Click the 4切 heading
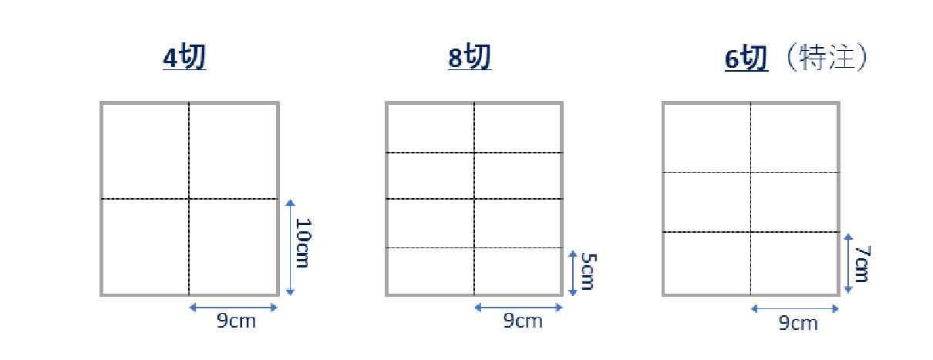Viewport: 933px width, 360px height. coord(184,59)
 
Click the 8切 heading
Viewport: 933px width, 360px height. coord(469,59)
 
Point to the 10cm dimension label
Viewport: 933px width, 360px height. coord(302,244)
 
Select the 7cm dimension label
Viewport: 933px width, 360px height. coord(861,263)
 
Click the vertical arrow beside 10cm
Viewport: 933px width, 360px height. coord(290,247)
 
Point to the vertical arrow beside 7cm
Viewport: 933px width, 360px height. coord(848,263)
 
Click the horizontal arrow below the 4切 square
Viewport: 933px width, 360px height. coord(233,308)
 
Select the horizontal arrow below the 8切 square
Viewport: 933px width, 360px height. coord(518,307)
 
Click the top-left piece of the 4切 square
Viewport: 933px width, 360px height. coord(145,150)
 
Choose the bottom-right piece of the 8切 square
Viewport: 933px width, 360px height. coord(518,271)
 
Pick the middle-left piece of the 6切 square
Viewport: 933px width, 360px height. coord(707,202)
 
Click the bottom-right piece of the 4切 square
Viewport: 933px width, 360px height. coord(233,247)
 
